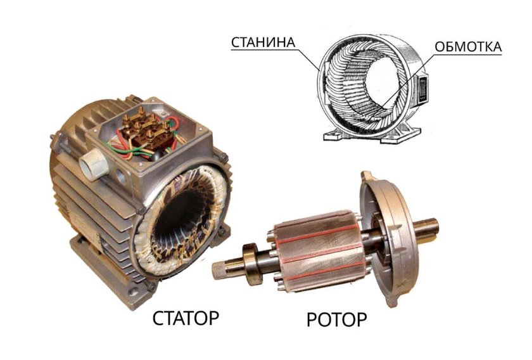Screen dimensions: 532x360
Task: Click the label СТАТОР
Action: click(186, 318)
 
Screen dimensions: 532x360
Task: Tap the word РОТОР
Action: click(336, 319)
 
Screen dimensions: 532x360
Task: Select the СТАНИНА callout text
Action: click(263, 42)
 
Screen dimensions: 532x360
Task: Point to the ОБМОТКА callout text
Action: click(468, 47)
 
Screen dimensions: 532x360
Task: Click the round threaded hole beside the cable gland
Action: click(120, 176)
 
